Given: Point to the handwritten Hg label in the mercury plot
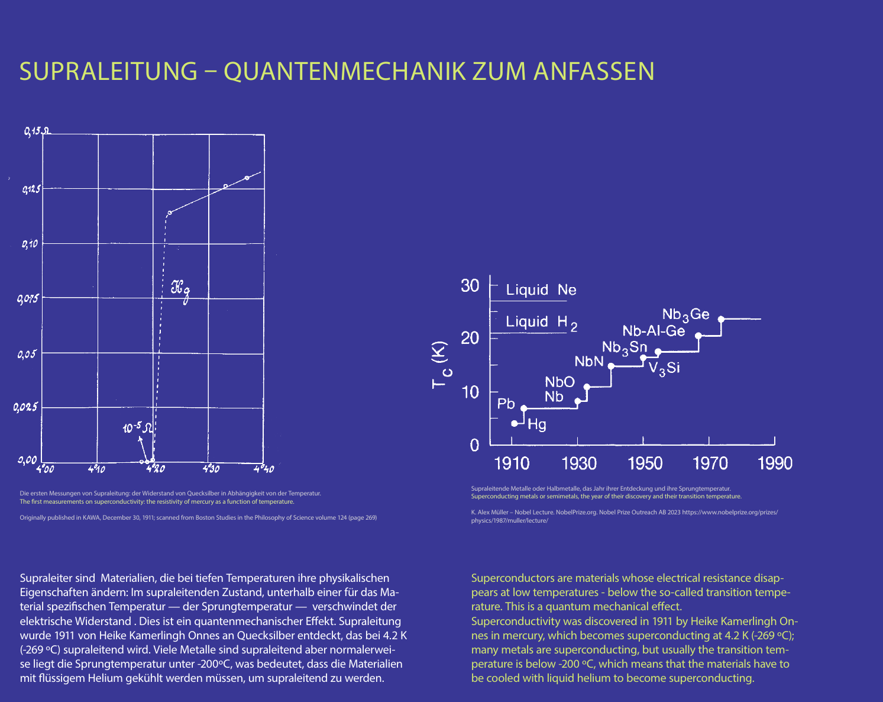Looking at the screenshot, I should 180,290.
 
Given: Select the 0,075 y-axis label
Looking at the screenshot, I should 28,299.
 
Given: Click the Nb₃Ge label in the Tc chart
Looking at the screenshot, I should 685,315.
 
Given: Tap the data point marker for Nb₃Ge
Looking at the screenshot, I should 721,319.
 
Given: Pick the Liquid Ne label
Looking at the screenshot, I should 541,289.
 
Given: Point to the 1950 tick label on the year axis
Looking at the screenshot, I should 644,463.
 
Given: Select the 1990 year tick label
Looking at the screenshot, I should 775,463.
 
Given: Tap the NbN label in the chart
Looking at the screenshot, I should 589,362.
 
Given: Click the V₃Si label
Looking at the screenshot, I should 664,368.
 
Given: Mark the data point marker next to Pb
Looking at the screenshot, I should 523,408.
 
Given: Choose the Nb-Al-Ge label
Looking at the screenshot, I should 654,331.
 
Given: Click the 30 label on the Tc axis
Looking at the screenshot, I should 470,285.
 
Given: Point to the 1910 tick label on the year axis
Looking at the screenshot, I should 512,463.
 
